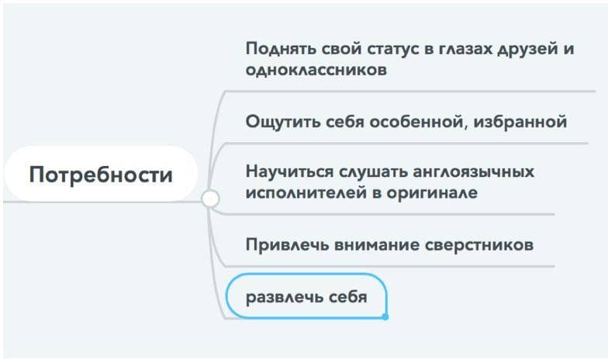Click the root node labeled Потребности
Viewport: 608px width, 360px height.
click(x=101, y=175)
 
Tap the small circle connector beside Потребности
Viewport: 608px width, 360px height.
click(x=210, y=199)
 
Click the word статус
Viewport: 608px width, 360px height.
click(x=376, y=48)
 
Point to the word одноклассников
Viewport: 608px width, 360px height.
click(x=316, y=69)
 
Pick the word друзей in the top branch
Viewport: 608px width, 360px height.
click(x=527, y=48)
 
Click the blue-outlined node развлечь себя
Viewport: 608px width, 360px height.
click(x=306, y=296)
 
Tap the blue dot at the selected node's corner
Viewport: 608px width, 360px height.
click(x=385, y=317)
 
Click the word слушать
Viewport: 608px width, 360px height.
click(x=366, y=171)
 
